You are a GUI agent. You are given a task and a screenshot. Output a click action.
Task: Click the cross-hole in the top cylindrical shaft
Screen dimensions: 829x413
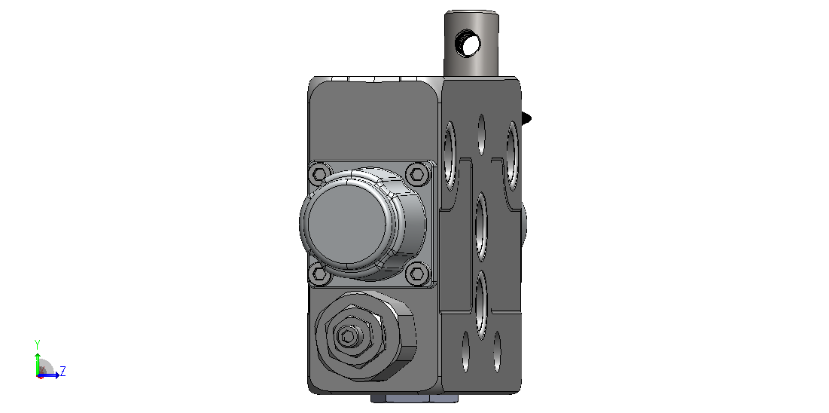point(469,44)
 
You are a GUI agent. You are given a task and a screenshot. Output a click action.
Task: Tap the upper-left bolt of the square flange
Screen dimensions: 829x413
point(318,173)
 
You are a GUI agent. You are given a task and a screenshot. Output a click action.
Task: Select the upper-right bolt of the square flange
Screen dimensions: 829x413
point(417,173)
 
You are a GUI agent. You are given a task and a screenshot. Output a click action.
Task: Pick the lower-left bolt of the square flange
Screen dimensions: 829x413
point(318,274)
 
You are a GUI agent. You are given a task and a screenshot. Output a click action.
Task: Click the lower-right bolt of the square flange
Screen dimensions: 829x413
point(418,274)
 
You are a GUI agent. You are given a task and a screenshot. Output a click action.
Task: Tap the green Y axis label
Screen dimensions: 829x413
point(37,344)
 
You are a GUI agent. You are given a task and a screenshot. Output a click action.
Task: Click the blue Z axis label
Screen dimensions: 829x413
point(62,371)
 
